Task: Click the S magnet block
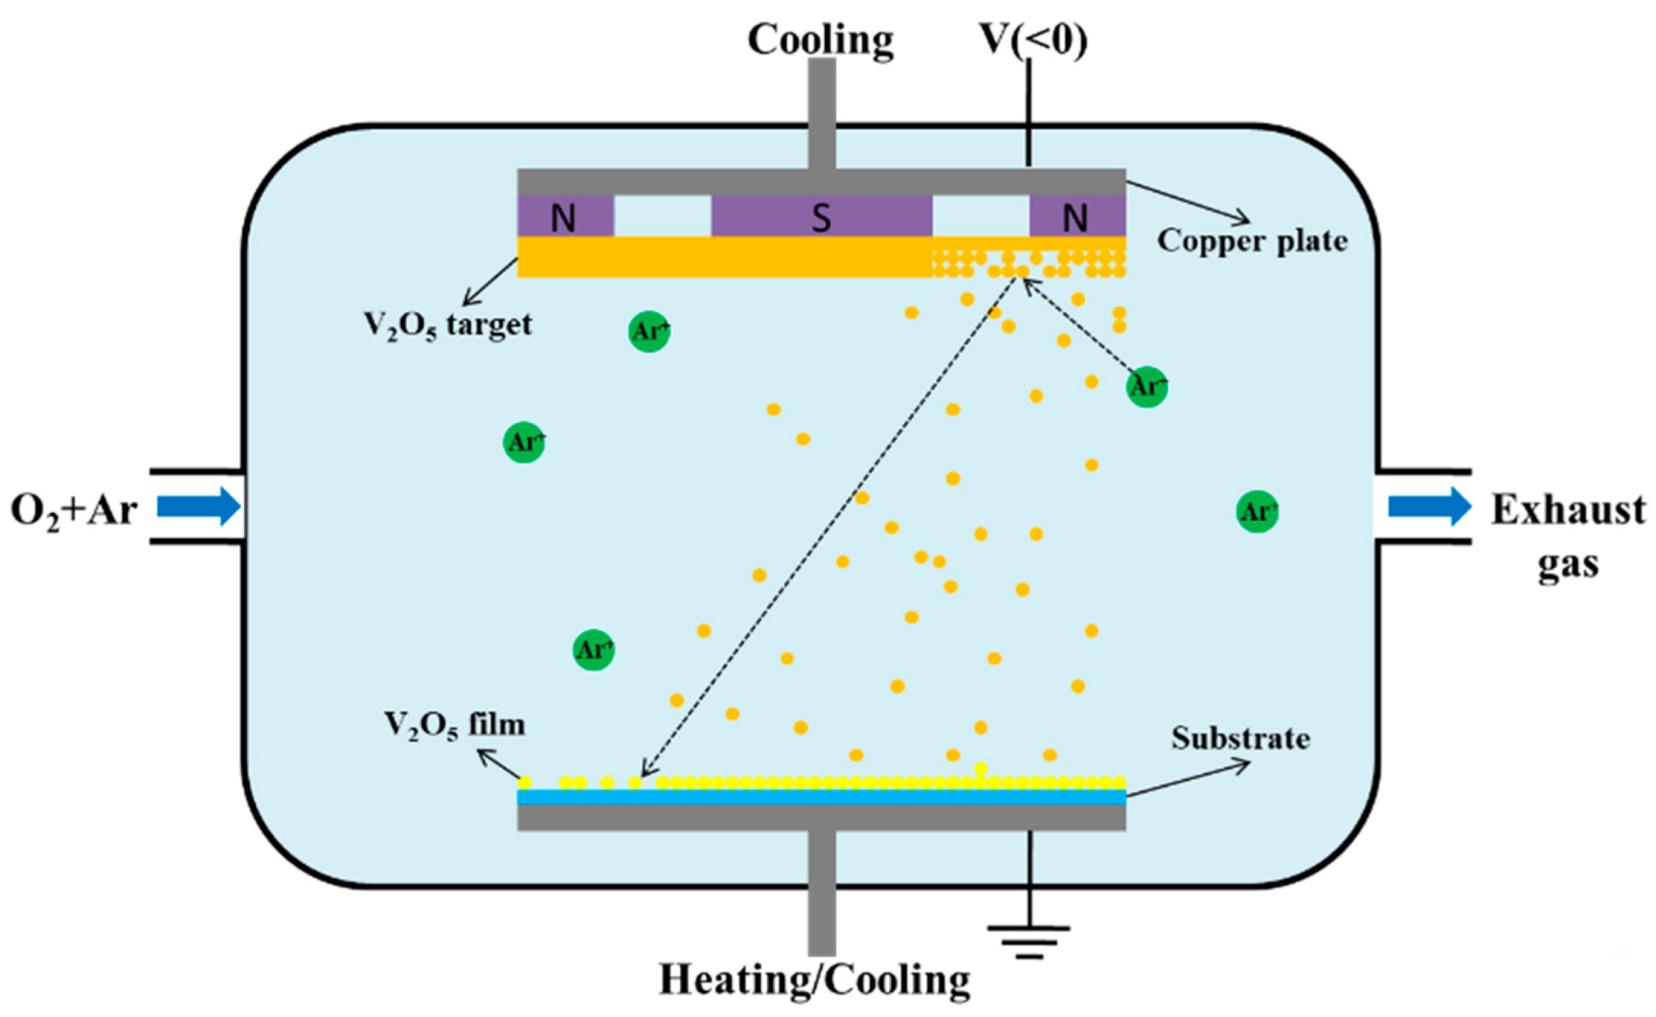point(821,217)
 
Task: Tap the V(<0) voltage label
point(1033,39)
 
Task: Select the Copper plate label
point(1252,241)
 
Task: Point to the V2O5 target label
point(447,325)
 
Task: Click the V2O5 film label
point(454,725)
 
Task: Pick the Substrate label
point(1240,738)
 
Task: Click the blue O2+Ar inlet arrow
point(198,506)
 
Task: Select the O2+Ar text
point(73,510)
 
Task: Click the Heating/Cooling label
point(814,980)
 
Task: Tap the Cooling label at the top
point(820,39)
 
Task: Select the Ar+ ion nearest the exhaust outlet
point(1257,511)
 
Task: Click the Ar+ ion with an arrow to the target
point(1146,386)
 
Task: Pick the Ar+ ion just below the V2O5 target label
point(648,331)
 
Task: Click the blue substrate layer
point(821,797)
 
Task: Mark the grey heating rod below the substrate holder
point(822,892)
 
